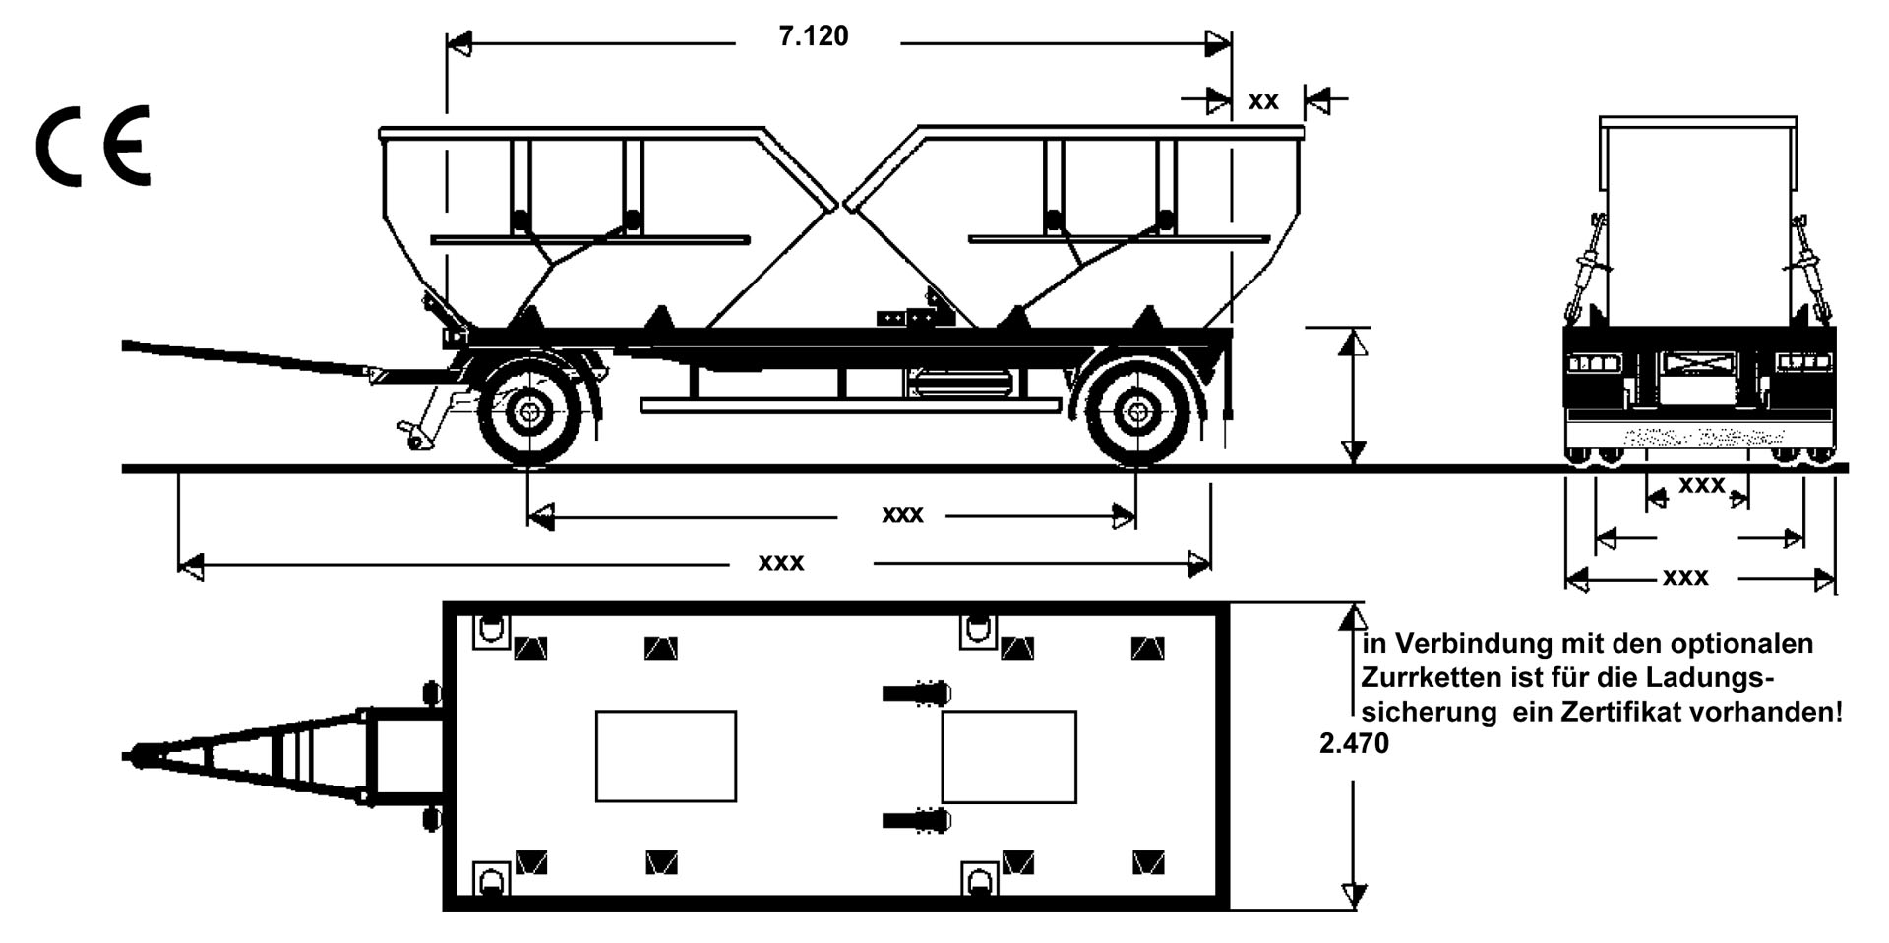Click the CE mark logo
click(x=93, y=146)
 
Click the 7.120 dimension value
click(x=813, y=36)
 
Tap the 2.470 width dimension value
click(x=1354, y=744)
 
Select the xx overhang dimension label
click(x=1263, y=101)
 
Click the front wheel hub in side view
click(x=529, y=412)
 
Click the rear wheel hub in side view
click(x=1137, y=412)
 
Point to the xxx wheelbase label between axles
click(x=902, y=515)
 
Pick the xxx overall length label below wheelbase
click(x=780, y=563)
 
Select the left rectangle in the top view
click(x=666, y=756)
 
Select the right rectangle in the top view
click(x=1008, y=756)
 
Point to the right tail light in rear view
click(x=1802, y=363)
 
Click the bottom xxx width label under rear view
click(x=1685, y=578)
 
